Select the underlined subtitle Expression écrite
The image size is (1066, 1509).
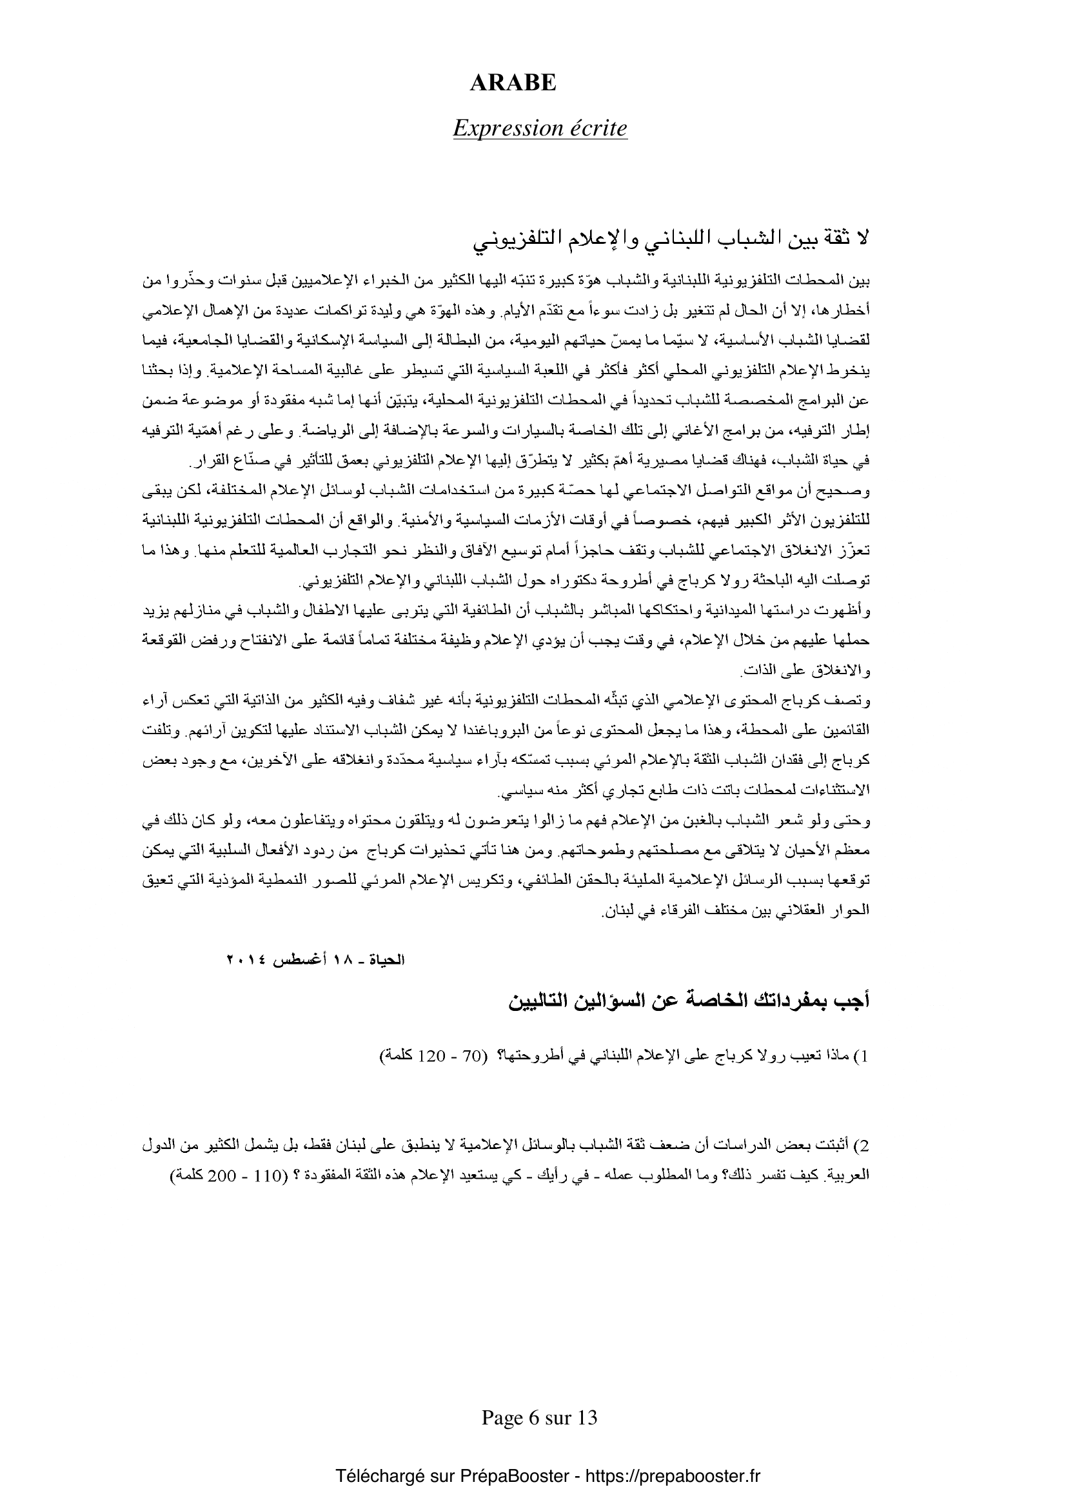tap(540, 128)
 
